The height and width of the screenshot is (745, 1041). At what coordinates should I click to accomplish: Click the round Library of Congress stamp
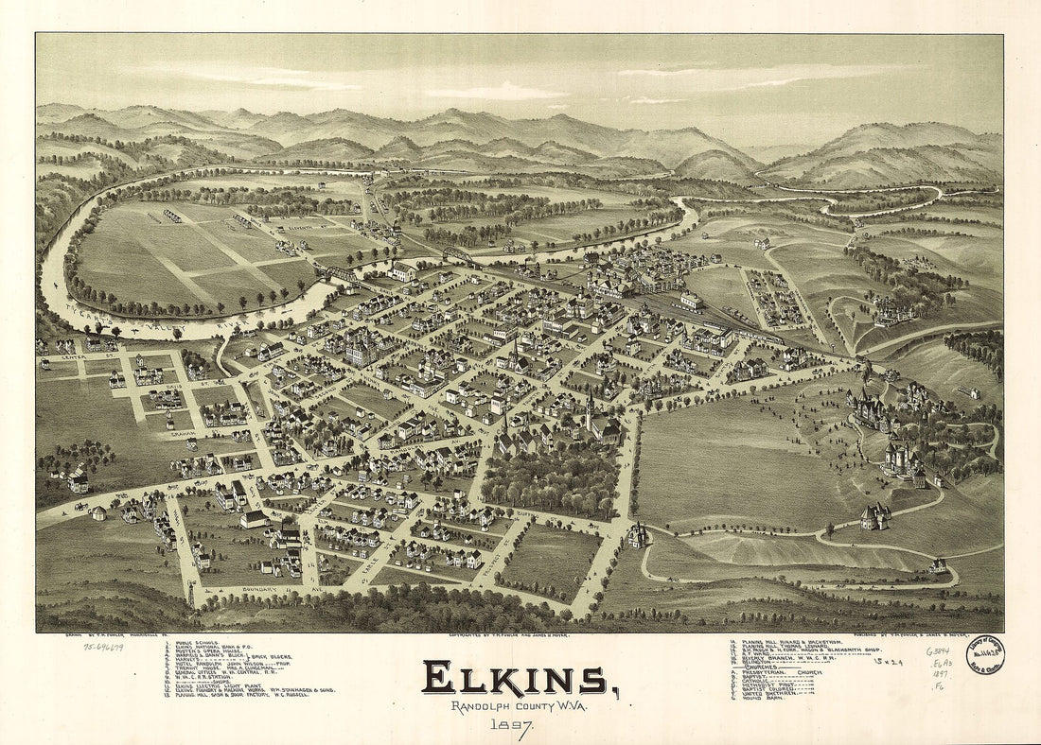[985, 655]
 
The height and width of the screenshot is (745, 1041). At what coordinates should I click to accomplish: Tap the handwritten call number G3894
[939, 652]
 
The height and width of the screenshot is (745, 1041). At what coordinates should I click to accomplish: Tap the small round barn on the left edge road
[98, 513]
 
